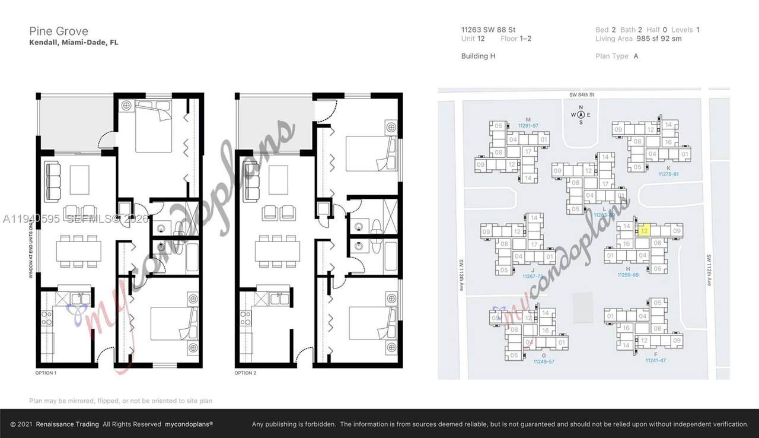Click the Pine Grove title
point(59,31)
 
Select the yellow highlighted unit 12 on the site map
point(645,230)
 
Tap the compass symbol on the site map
point(581,115)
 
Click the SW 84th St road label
point(579,94)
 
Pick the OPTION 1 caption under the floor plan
point(46,373)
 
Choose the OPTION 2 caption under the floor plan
point(245,373)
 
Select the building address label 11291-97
point(527,126)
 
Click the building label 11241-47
point(655,360)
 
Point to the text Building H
point(478,56)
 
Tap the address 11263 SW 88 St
point(488,29)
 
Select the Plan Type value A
point(636,56)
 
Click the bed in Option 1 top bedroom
point(153,129)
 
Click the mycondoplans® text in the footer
point(189,424)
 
